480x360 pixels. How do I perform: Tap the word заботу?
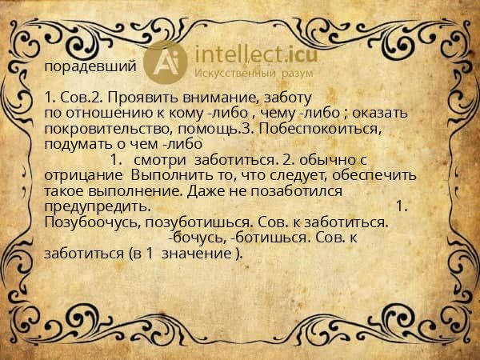282,99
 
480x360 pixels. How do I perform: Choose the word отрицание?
82,175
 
